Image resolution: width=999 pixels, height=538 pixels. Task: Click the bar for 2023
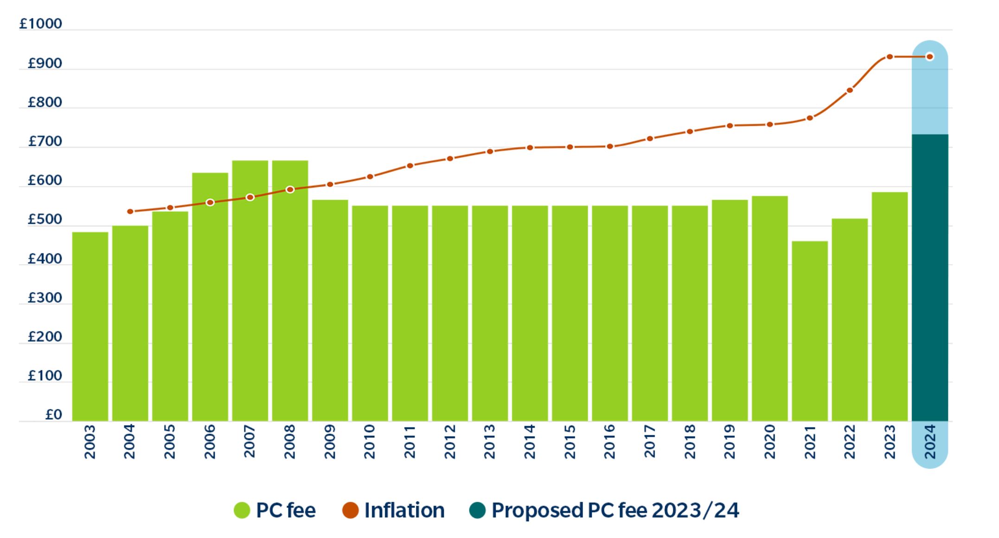tap(890, 306)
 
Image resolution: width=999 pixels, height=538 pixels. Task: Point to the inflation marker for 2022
tap(850, 90)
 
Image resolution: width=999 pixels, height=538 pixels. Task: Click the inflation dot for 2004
tap(130, 212)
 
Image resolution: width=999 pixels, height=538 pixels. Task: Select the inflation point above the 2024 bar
tap(929, 57)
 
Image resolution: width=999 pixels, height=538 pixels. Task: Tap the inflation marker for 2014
tap(530, 148)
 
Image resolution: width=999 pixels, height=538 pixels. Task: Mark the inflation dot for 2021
tap(810, 118)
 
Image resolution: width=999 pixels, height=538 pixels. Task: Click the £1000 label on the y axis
tap(40, 24)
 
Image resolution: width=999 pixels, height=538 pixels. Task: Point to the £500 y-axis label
tap(45, 220)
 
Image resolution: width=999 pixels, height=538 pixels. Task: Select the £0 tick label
tap(53, 415)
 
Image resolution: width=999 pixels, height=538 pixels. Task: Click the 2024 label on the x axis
tap(930, 441)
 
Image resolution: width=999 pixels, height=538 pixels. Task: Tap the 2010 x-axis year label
tap(370, 441)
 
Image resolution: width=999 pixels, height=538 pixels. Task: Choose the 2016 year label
tap(609, 441)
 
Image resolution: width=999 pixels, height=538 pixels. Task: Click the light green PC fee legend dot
tap(242, 510)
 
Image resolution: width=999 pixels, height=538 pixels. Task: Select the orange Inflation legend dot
tap(350, 510)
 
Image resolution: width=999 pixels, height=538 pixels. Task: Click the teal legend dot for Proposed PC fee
tap(477, 510)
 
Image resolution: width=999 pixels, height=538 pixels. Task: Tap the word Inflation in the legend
tap(404, 510)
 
